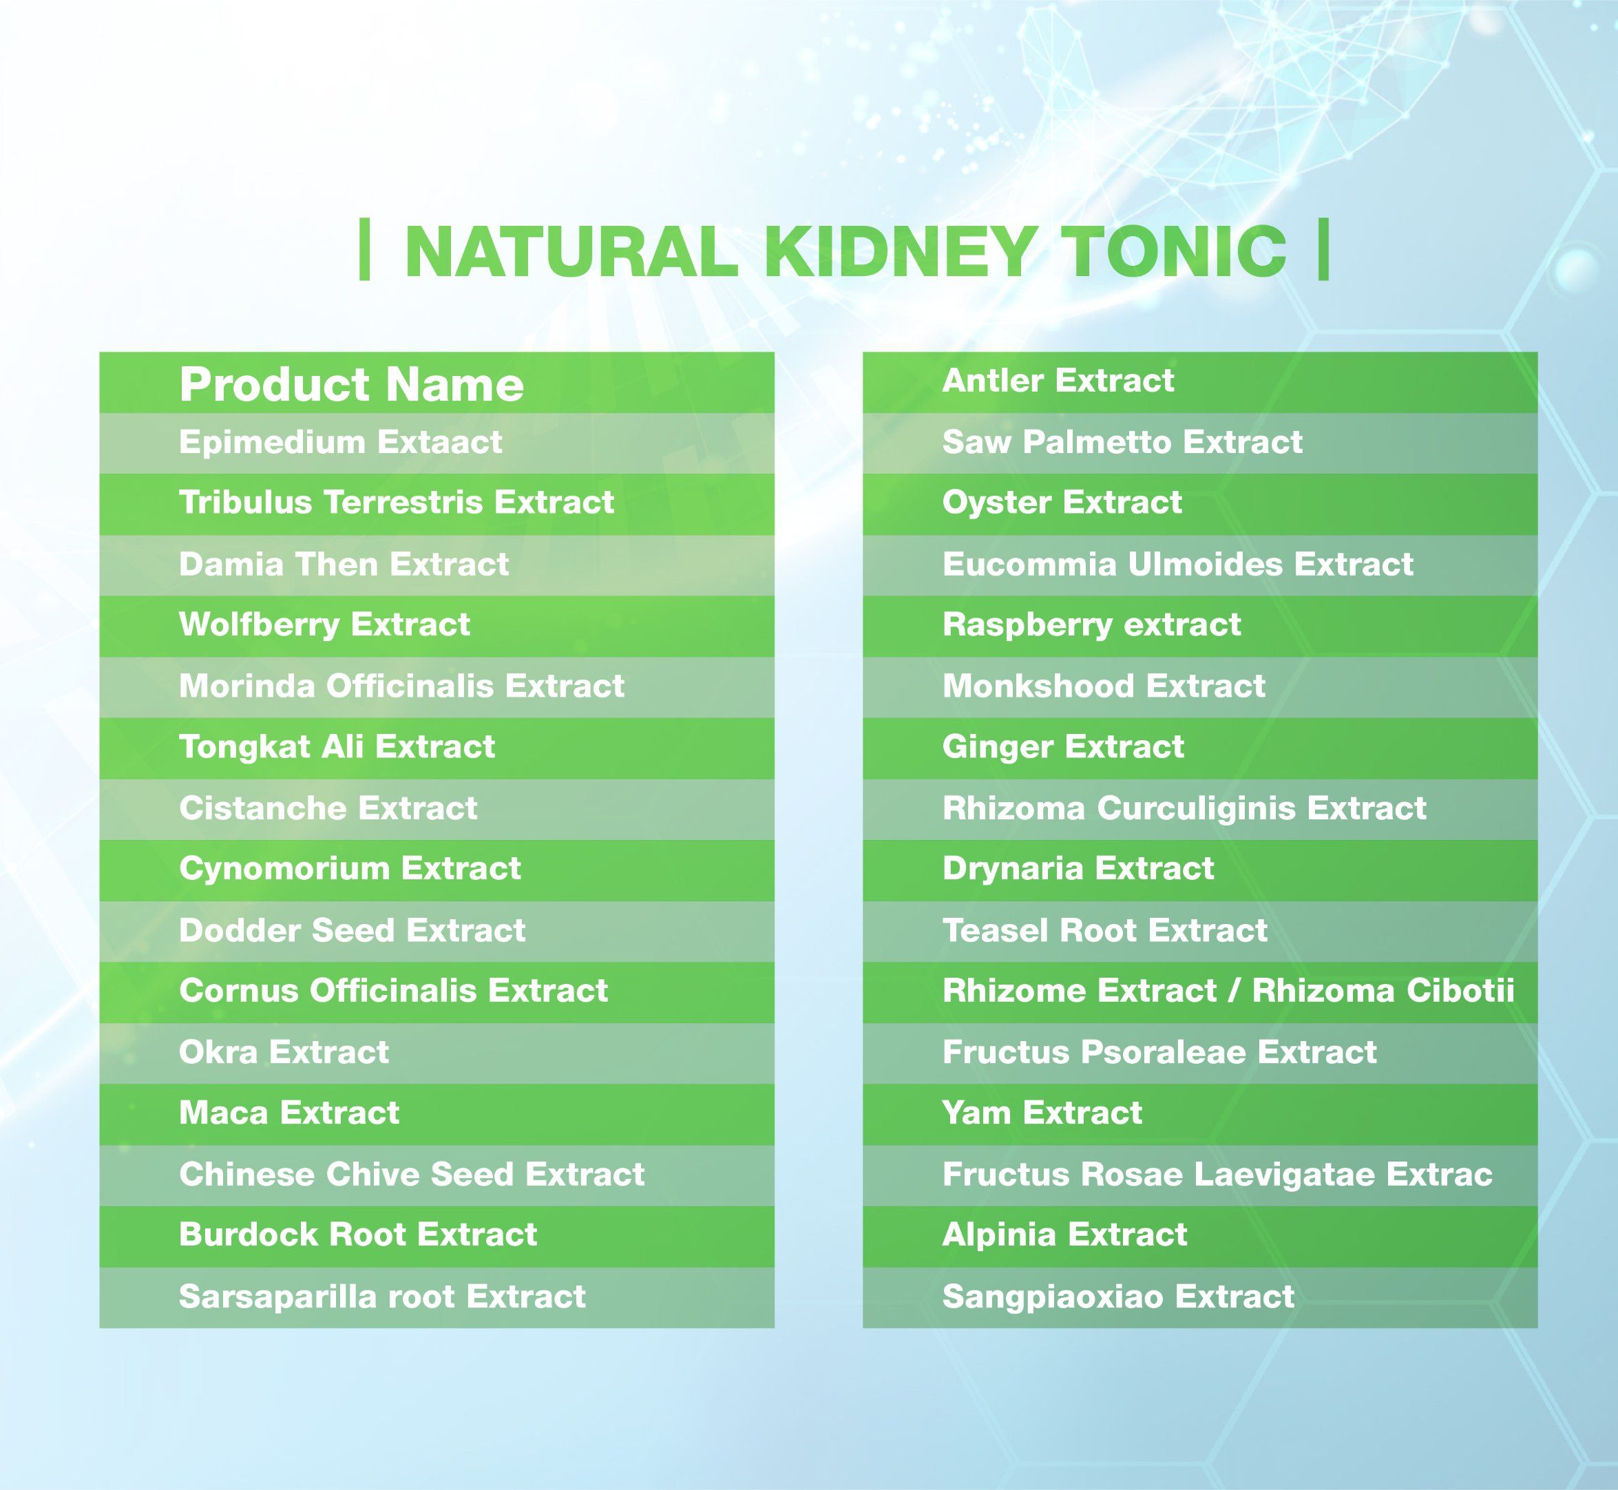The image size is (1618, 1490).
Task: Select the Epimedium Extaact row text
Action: click(x=340, y=443)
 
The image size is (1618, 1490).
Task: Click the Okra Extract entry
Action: click(x=284, y=1052)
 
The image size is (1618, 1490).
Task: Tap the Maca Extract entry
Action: click(x=288, y=1113)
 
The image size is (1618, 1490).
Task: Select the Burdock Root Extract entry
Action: click(x=358, y=1235)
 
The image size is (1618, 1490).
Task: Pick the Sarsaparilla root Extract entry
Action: click(x=382, y=1297)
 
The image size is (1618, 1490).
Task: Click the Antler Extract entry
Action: click(x=1058, y=381)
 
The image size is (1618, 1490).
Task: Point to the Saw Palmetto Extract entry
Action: click(x=1122, y=443)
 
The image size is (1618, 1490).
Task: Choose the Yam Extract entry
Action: click(x=1042, y=1113)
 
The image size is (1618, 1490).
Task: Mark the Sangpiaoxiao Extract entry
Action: click(x=1118, y=1297)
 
